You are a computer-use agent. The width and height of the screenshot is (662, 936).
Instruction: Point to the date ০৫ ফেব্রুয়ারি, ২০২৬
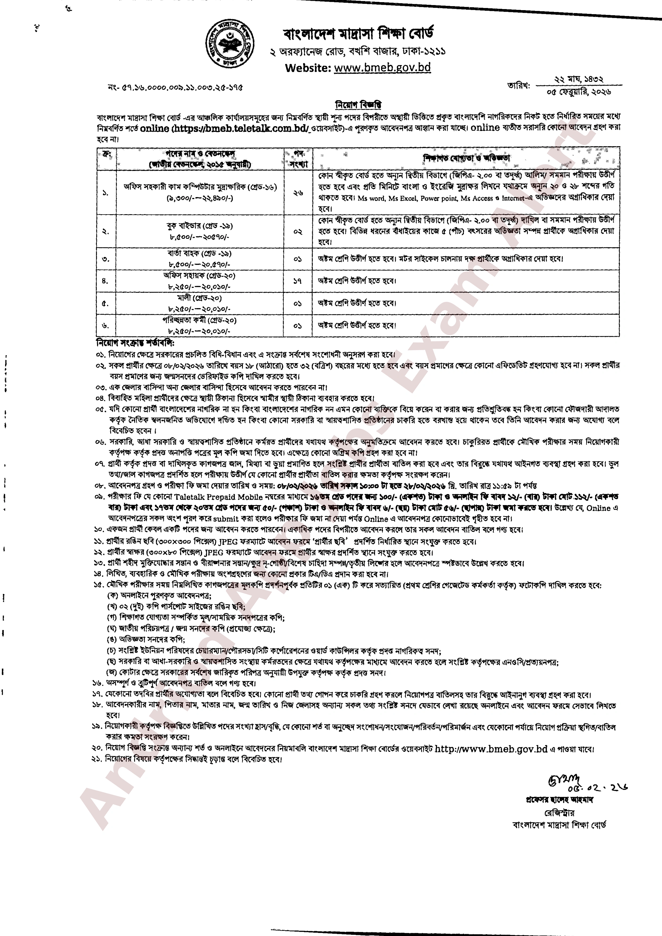(x=578, y=92)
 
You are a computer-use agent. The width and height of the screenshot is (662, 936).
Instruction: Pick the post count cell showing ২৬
(x=298, y=193)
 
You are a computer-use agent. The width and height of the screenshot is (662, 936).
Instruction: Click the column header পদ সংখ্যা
(x=298, y=158)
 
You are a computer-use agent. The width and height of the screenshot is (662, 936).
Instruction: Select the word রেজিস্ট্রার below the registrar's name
(x=559, y=812)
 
